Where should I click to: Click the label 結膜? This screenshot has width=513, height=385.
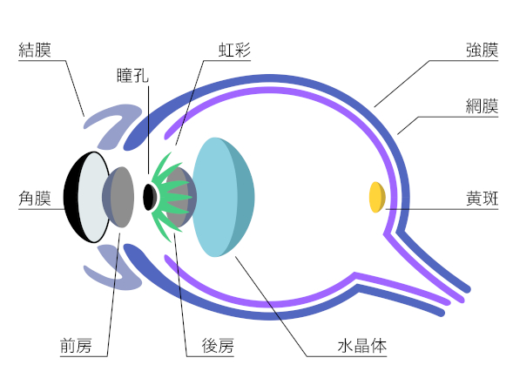[35, 50]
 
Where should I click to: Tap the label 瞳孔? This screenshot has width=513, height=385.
[133, 75]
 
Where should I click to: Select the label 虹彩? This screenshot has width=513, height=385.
[234, 50]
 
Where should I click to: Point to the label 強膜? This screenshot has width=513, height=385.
[482, 50]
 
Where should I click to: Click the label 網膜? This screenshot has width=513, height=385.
[482, 106]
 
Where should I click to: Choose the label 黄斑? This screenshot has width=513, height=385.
[482, 199]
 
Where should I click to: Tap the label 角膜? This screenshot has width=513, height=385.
[35, 199]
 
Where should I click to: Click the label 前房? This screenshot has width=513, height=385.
[76, 346]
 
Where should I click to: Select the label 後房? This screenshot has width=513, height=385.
[218, 346]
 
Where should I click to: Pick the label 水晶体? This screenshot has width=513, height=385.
[362, 346]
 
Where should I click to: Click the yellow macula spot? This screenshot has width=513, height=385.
[377, 197]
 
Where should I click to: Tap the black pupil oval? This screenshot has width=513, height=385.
[150, 197]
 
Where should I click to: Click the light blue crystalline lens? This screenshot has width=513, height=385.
[222, 197]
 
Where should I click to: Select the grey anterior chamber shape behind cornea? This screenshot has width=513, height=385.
[118, 197]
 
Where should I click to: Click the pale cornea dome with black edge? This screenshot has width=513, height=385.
[87, 197]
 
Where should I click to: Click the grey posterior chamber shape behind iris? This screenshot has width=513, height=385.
[180, 197]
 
